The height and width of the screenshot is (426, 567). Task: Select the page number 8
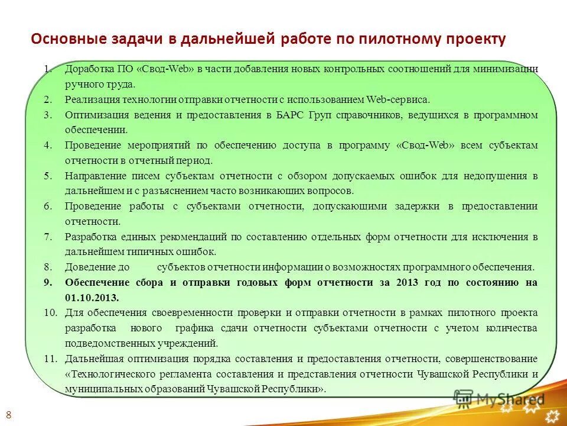click(8, 413)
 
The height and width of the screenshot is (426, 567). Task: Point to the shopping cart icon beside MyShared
click(465, 398)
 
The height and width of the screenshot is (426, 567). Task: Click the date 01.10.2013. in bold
click(92, 298)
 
